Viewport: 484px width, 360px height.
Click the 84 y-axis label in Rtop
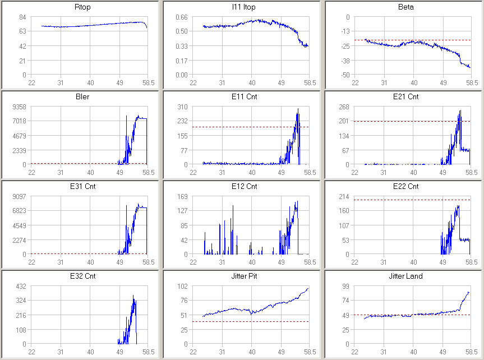[23, 17]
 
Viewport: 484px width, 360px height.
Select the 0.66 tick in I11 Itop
[182, 17]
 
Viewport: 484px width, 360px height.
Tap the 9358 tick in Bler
[20, 107]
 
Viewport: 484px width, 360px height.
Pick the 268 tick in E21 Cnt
[345, 107]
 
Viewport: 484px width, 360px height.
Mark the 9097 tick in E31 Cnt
[20, 196]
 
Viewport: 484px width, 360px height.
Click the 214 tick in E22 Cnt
[345, 196]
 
